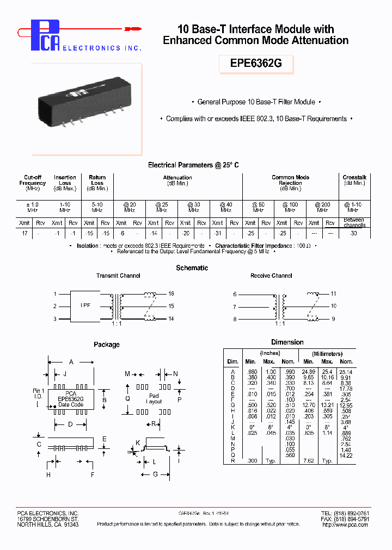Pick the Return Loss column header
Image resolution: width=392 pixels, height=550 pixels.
[97, 180]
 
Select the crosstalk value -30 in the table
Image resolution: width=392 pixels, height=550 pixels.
[354, 232]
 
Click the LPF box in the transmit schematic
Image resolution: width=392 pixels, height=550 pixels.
[87, 306]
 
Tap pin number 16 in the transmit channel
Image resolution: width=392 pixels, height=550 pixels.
[170, 293]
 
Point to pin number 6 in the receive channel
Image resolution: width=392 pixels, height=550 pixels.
[235, 294]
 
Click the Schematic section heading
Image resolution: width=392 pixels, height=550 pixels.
[192, 268]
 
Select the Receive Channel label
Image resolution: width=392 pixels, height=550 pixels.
[271, 276]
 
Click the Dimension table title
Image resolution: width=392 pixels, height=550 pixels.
[287, 342]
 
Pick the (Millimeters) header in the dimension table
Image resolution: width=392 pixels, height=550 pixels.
[327, 354]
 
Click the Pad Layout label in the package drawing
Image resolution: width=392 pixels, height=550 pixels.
[154, 399]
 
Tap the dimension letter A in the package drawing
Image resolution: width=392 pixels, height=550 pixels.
[70, 361]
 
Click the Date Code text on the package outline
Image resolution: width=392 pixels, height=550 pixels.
[71, 404]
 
